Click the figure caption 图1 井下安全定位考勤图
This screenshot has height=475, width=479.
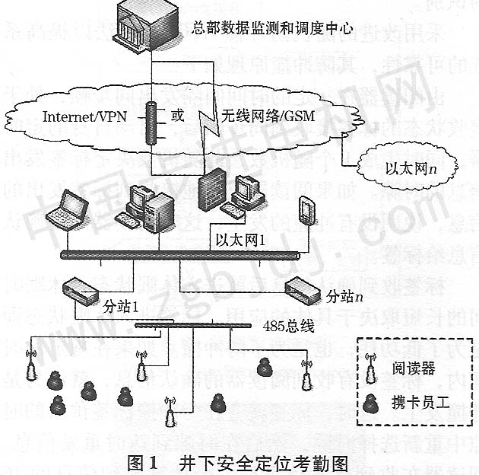coord(239,462)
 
